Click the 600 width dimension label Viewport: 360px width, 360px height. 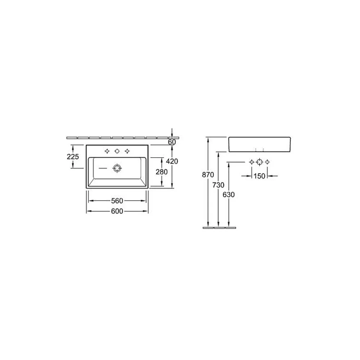(117, 211)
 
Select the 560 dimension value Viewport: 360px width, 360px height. (117, 201)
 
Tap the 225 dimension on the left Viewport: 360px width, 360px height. (73, 157)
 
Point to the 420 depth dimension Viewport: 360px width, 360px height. (172, 161)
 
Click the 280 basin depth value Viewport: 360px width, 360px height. (162, 172)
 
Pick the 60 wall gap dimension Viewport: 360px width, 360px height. (172, 142)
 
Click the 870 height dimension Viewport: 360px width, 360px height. (208, 175)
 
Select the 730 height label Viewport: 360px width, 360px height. (219, 185)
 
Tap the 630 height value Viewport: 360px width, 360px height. (229, 195)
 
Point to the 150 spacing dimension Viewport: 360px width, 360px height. (260, 176)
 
